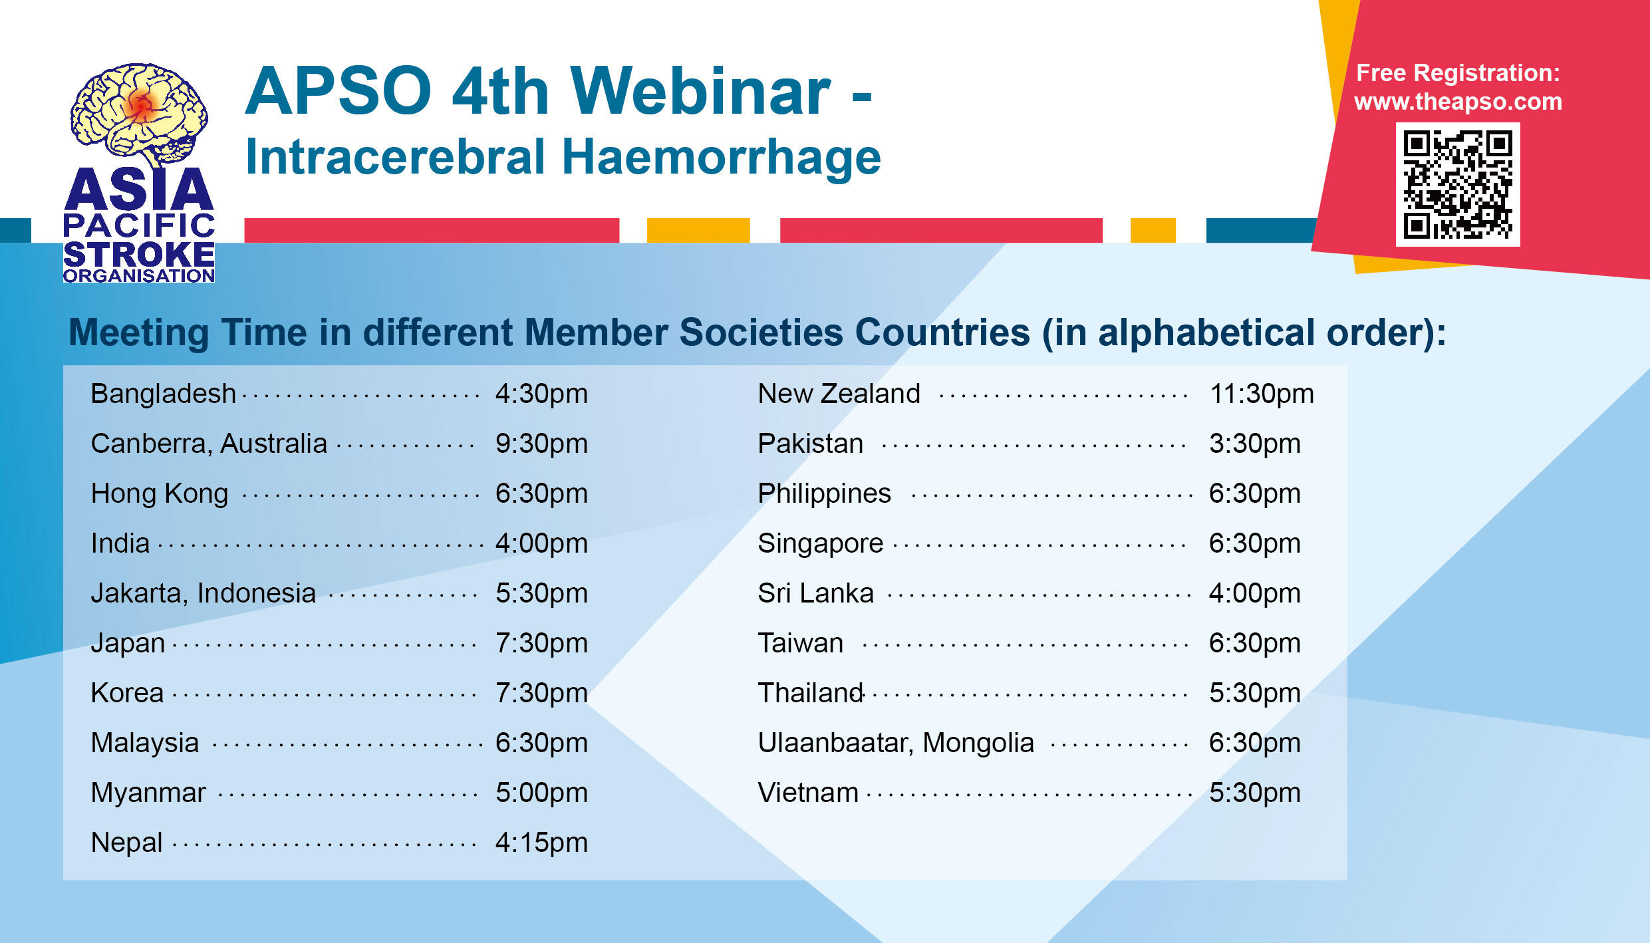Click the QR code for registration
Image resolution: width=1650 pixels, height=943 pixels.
tap(1457, 184)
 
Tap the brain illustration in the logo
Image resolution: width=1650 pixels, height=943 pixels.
tap(139, 114)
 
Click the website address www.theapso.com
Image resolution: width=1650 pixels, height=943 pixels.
tap(1458, 102)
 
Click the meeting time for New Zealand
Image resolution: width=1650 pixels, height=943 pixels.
tap(1262, 394)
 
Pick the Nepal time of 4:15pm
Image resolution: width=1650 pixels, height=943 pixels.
tap(541, 843)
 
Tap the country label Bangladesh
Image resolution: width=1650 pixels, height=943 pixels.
tap(164, 394)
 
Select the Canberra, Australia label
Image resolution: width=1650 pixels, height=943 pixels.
tap(209, 444)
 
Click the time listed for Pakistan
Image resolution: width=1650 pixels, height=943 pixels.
tap(1254, 444)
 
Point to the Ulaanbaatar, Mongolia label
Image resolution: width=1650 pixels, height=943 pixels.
tap(896, 743)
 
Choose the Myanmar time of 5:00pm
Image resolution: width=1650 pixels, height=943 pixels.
tap(541, 793)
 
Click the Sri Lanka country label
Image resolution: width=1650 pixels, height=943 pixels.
tap(815, 593)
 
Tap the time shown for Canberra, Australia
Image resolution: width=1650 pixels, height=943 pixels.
tap(541, 444)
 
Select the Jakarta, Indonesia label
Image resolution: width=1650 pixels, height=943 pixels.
tap(203, 593)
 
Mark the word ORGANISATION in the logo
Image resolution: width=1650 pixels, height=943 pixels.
tap(139, 275)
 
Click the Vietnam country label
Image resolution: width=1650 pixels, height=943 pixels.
tap(808, 793)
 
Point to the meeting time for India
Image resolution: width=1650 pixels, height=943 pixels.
tap(541, 543)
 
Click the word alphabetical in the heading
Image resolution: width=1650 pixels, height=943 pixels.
tap(1206, 332)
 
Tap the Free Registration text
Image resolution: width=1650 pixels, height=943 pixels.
tap(1458, 73)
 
